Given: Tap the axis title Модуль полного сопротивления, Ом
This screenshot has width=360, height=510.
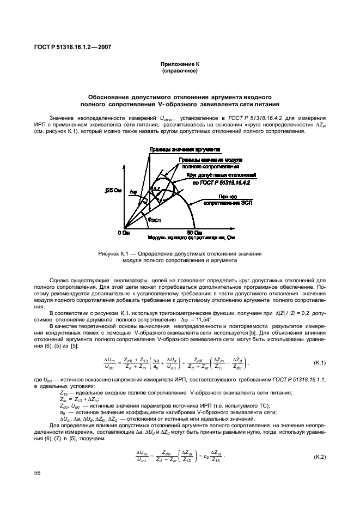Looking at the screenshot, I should coord(191,238).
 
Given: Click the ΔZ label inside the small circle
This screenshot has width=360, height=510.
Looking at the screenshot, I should coord(156,188).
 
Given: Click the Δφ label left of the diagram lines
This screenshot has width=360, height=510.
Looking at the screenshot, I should coord(134,193).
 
